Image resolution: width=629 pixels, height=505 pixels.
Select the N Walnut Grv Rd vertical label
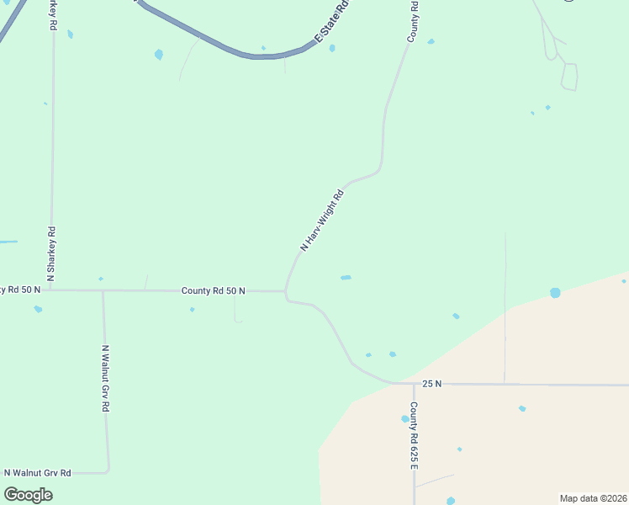105,378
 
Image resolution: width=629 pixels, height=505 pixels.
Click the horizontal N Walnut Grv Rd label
38,473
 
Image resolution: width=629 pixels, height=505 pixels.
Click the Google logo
29,495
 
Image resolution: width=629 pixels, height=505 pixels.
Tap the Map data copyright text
593,497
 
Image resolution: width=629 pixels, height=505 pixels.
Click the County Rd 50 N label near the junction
214,290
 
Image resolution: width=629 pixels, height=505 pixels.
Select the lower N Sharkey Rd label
51,253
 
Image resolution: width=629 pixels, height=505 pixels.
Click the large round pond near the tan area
555,293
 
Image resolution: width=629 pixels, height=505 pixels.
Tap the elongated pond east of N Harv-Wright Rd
346,277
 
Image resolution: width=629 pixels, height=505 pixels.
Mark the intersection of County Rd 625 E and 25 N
414,384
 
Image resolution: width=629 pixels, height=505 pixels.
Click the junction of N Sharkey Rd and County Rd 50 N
51,290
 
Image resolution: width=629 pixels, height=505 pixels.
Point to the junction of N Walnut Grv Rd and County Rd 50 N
103,290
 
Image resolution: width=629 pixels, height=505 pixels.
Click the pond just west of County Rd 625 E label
404,418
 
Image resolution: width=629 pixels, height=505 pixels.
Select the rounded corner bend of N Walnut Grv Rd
108,470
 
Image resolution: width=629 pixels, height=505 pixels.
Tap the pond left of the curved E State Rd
158,55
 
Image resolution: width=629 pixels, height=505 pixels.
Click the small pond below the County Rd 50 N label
192,310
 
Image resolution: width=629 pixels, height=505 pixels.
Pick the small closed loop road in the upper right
569,77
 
